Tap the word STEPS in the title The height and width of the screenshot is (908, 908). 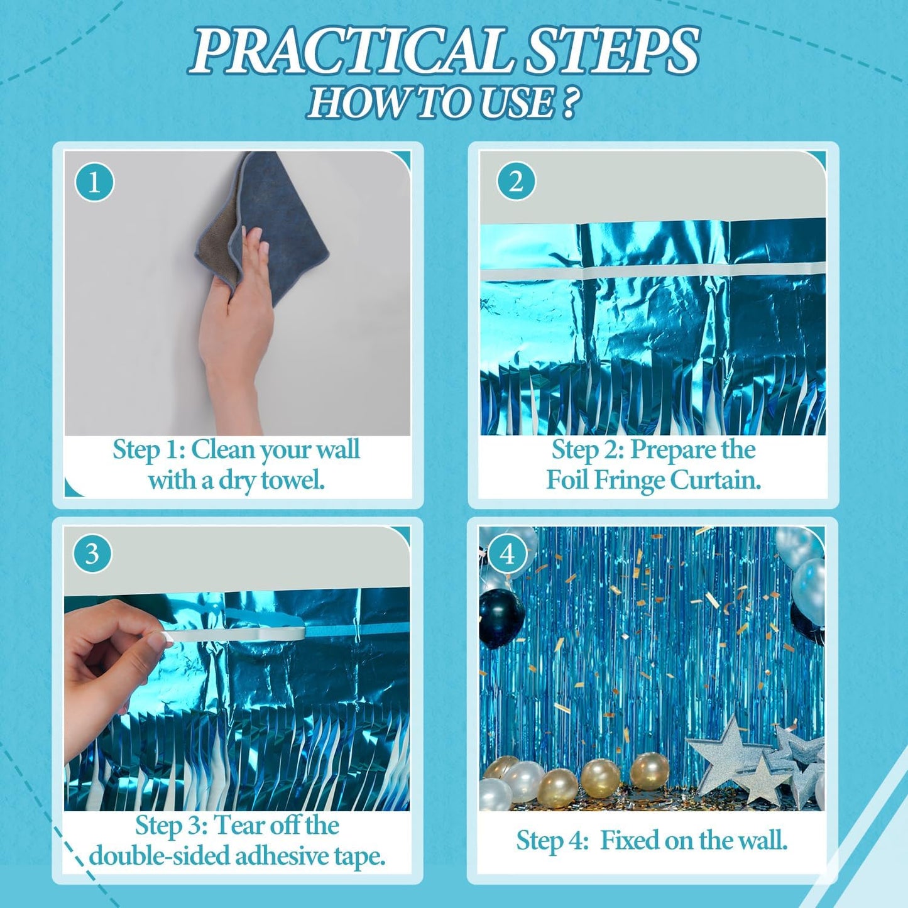pyautogui.click(x=612, y=50)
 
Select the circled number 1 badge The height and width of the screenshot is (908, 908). pyautogui.click(x=94, y=182)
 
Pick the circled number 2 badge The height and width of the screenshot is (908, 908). pyautogui.click(x=516, y=182)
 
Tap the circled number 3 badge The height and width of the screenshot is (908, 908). pyautogui.click(x=92, y=554)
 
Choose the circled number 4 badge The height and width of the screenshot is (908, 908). pyautogui.click(x=507, y=554)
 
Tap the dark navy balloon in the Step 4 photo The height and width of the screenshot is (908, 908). pyautogui.click(x=501, y=618)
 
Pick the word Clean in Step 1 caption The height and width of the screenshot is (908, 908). pyautogui.click(x=222, y=450)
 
